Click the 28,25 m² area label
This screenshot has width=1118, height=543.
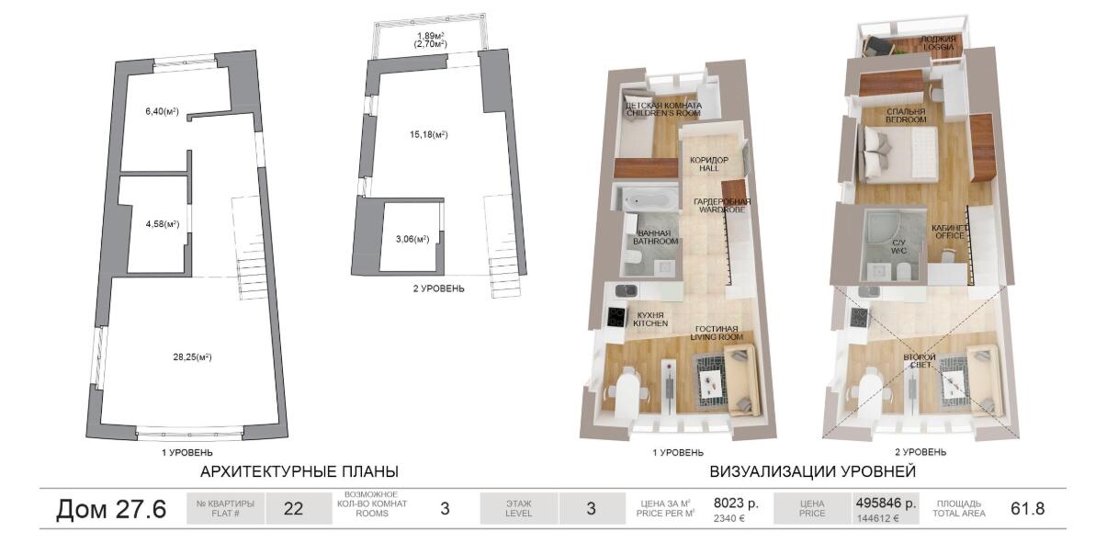tap(192, 357)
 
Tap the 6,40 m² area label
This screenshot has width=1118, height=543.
tap(162, 111)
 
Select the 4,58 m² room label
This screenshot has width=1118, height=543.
tap(163, 224)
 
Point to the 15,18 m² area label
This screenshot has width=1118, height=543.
tap(428, 135)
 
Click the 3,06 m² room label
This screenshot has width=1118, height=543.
tap(412, 239)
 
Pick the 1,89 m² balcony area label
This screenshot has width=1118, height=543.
tap(430, 36)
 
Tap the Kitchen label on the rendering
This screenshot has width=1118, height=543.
tap(650, 320)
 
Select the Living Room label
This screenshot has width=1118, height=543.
tap(717, 334)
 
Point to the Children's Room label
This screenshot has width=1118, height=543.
tap(663, 109)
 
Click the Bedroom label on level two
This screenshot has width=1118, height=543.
tap(906, 116)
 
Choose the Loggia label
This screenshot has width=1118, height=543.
tap(938, 43)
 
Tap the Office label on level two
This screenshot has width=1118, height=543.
tap(949, 232)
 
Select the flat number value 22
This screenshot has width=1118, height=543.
tap(293, 509)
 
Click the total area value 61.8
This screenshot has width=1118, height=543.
tap(1028, 509)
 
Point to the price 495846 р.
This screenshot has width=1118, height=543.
tap(886, 503)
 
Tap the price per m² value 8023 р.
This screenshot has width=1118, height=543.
tap(736, 503)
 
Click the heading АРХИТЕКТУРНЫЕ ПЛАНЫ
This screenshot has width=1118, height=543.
tap(299, 471)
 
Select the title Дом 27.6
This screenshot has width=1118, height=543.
tap(111, 509)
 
